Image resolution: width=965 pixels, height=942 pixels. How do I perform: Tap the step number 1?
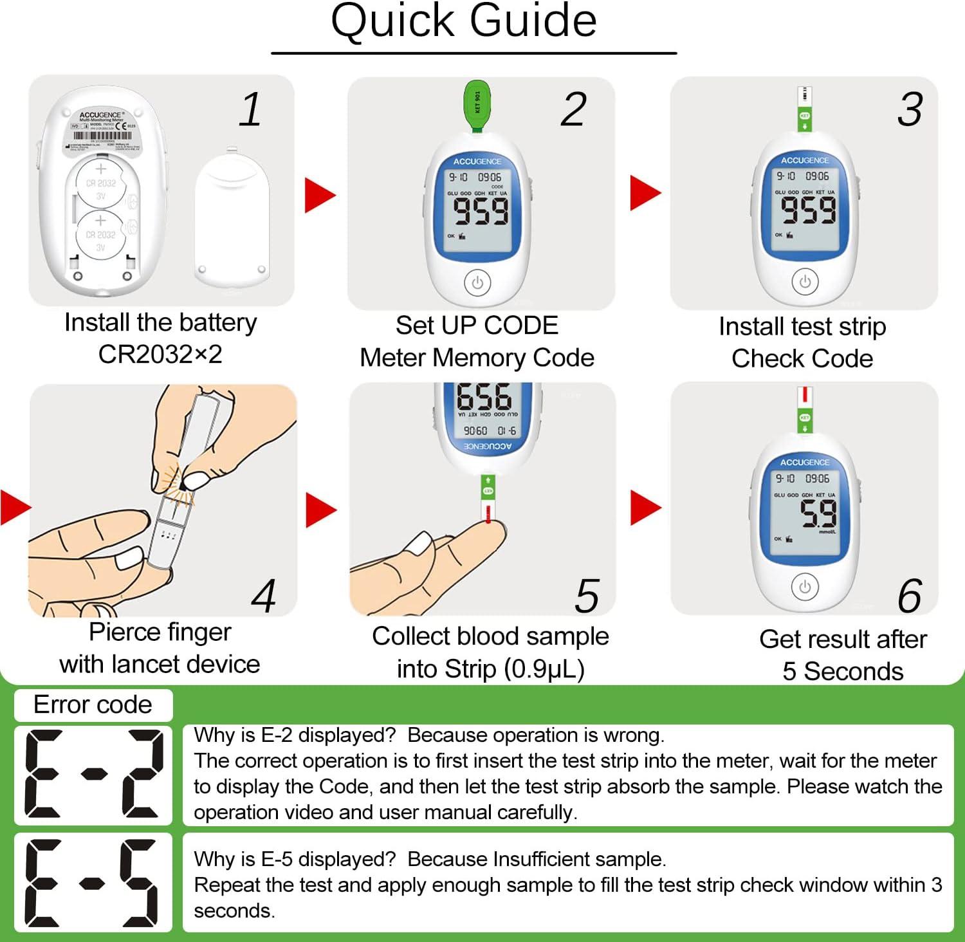250,109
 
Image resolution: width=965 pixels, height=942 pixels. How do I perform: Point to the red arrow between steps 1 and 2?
319,195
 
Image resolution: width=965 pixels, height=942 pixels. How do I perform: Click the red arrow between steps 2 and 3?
645,192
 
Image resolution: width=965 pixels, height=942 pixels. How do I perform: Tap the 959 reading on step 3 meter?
808,210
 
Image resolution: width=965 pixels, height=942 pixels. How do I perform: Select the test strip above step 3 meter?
804,109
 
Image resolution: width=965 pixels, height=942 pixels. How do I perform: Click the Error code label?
93,705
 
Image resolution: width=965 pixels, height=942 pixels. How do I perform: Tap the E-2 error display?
93,774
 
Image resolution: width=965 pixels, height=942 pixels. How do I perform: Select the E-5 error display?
93,883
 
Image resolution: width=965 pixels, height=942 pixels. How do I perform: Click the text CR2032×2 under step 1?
160,354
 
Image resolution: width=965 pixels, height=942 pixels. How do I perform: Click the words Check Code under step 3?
802,358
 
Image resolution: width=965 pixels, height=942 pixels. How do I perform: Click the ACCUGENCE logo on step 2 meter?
477,162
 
